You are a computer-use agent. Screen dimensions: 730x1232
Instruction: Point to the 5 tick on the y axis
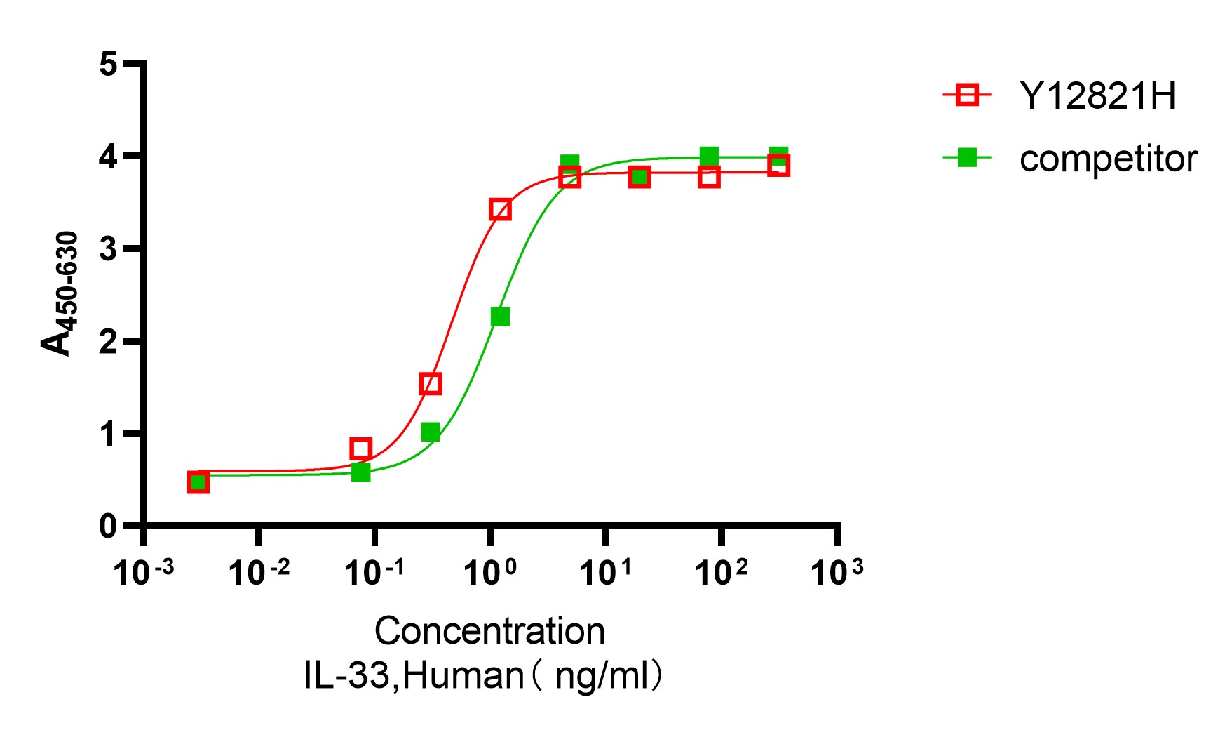click(x=108, y=64)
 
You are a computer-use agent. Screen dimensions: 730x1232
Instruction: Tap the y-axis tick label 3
click(x=108, y=248)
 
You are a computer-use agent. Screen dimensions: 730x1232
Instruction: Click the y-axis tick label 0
click(x=108, y=526)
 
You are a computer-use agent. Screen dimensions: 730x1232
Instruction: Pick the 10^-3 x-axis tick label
click(x=144, y=573)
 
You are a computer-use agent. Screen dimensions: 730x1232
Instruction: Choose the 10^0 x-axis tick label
click(x=489, y=573)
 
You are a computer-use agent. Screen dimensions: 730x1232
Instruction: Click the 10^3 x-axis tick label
click(x=836, y=573)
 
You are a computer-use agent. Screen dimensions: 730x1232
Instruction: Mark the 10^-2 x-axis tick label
click(x=259, y=573)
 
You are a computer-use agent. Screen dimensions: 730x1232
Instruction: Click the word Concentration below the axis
click(x=489, y=631)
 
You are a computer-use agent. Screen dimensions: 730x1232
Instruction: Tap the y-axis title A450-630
click(x=59, y=293)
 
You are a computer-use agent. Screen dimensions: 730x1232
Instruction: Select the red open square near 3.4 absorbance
click(x=500, y=209)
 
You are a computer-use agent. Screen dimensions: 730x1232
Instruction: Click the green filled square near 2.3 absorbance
click(x=500, y=317)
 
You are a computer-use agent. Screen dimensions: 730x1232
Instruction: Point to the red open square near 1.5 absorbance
click(x=431, y=384)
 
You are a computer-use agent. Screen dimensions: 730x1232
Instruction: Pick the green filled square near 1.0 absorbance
click(x=431, y=432)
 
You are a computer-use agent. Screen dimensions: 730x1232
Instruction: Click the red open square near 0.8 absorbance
click(x=360, y=449)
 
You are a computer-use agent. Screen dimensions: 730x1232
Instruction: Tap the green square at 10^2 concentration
click(x=709, y=156)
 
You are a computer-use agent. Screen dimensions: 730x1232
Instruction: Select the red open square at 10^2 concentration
click(x=709, y=177)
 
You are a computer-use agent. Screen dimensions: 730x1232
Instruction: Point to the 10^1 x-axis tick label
click(x=605, y=573)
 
